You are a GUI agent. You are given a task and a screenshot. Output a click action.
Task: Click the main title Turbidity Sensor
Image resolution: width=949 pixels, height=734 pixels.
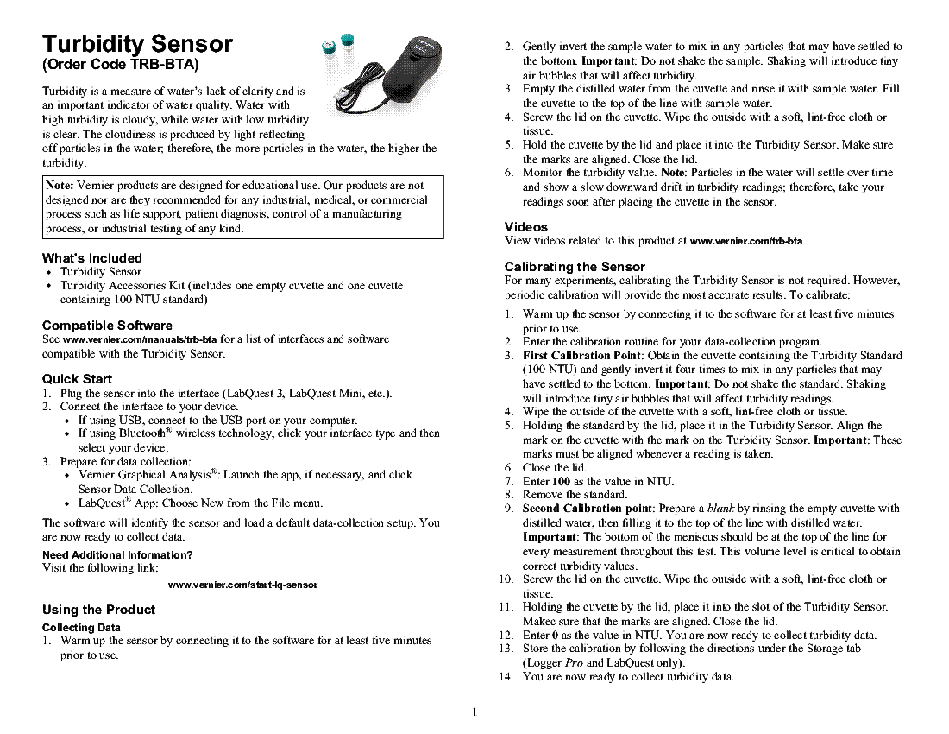138,44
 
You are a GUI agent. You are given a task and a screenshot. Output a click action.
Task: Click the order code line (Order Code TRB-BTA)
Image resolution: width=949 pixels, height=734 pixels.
121,66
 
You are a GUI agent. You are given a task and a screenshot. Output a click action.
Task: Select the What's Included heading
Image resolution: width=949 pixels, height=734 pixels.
92,257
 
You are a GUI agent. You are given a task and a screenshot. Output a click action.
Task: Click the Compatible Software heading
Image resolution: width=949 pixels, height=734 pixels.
107,326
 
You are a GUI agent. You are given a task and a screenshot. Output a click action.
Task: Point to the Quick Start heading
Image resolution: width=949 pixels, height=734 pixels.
77,378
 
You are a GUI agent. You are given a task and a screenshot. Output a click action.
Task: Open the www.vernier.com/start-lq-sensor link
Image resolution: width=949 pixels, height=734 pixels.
242,585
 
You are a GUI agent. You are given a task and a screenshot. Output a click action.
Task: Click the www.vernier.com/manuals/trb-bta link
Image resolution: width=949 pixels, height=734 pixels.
140,339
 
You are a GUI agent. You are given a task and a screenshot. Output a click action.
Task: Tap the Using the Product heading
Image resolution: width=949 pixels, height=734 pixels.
98,610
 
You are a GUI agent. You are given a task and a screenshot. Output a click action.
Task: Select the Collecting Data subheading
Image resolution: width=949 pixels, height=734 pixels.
81,627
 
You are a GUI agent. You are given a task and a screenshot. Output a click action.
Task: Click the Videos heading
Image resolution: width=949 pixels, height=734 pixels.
526,227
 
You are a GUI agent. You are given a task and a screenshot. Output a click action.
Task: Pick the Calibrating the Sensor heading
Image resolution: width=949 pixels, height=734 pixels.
575,267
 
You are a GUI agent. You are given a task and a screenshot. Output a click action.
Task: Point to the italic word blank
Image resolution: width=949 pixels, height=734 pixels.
721,509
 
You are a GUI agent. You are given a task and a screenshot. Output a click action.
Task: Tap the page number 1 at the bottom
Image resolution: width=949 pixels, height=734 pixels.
474,712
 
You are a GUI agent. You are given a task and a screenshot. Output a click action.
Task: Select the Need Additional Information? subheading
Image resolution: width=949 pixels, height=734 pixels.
117,554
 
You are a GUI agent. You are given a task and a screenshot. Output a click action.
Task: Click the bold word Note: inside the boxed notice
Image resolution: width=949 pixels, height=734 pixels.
60,186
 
